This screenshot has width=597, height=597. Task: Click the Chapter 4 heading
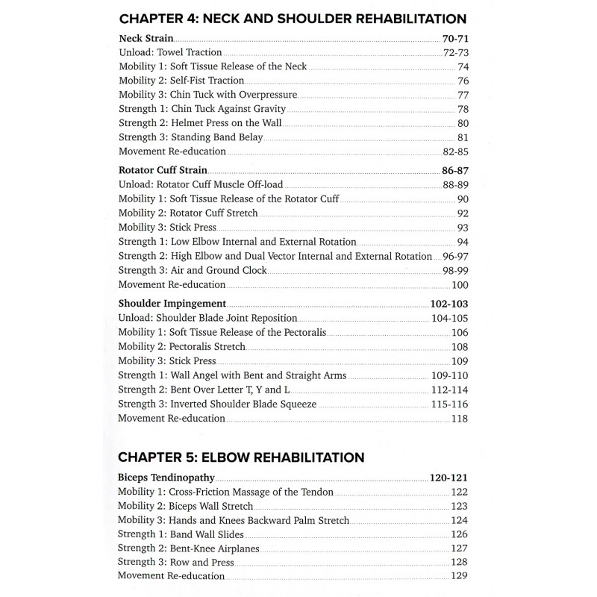tap(293, 19)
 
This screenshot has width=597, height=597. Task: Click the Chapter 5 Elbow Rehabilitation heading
tap(241, 457)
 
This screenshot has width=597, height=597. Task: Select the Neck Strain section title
tap(146, 38)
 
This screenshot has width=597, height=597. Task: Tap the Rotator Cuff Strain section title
tap(163, 171)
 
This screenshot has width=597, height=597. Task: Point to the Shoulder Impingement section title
tap(172, 304)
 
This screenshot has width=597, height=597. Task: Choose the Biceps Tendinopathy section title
tap(166, 477)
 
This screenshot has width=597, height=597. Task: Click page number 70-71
tap(455, 38)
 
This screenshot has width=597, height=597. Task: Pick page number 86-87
tap(455, 171)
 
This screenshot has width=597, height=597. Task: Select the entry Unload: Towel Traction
tap(170, 53)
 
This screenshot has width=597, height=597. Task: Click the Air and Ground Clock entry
tap(193, 270)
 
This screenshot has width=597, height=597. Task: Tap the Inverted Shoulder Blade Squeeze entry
tap(218, 404)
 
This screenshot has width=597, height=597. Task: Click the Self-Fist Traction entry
tap(181, 81)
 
